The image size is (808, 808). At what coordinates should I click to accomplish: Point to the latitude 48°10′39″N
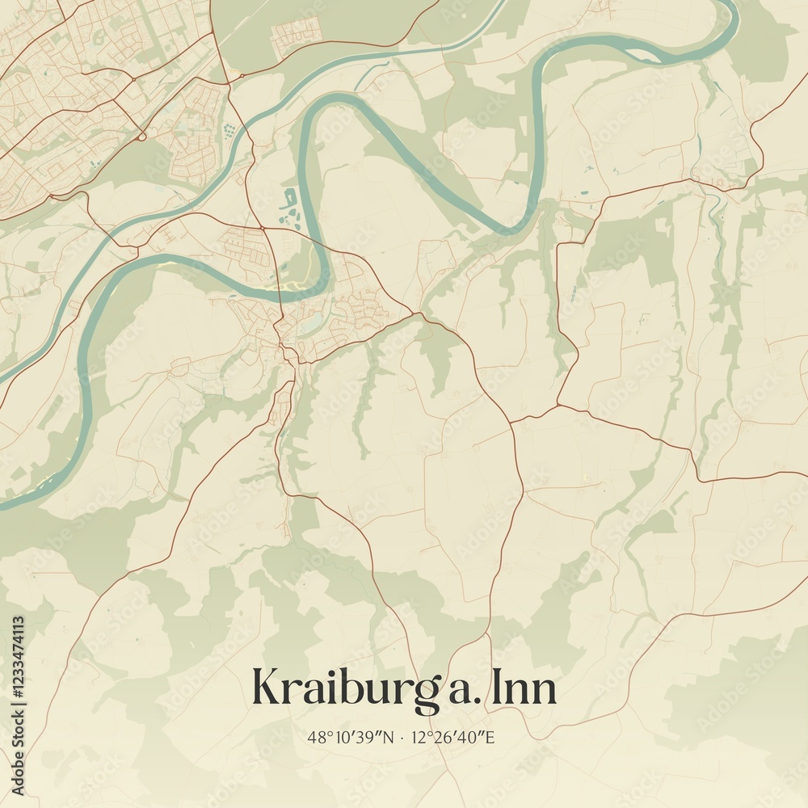351,737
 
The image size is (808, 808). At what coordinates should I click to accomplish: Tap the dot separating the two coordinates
402,737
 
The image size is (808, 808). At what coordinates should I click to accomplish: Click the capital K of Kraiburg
267,688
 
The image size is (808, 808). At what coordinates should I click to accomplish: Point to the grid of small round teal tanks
231,129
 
